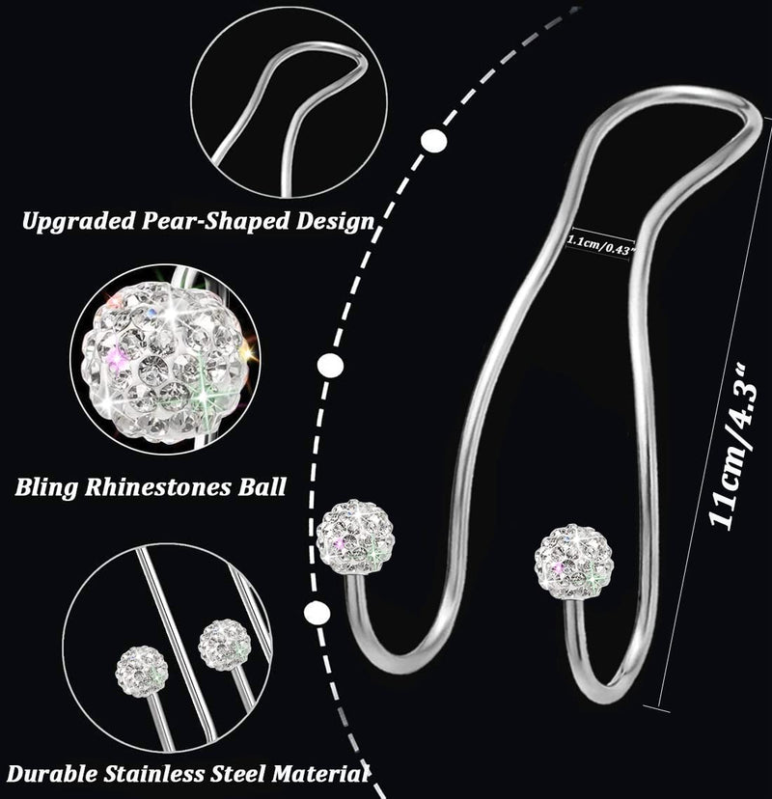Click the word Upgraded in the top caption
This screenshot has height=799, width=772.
pos(79,222)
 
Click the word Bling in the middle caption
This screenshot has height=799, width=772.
pos(45,487)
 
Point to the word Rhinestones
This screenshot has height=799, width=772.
pos(157,486)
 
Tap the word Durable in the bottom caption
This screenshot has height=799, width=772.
pos(52,774)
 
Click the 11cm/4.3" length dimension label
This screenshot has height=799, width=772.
pos(733,446)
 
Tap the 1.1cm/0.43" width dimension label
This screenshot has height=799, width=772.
pos(601,243)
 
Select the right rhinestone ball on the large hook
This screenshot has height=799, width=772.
pos(574,563)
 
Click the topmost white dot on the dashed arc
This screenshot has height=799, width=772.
pos(434,140)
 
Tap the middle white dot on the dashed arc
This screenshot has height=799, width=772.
pos(331,366)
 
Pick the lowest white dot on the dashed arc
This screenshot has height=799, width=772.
pos(317,613)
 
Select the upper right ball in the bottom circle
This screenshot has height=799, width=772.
pos(225,646)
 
